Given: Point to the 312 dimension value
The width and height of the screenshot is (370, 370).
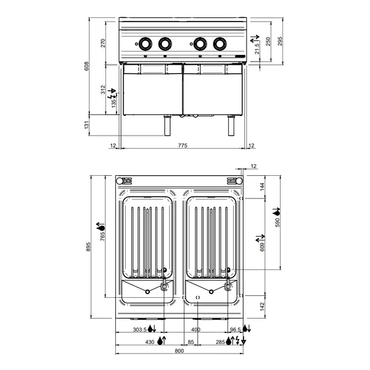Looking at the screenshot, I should (104, 89).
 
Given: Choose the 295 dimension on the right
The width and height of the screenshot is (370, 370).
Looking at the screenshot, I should (280, 41).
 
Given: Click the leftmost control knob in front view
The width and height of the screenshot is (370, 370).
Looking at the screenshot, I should (146, 44).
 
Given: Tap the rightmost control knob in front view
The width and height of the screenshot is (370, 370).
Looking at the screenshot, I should (219, 44).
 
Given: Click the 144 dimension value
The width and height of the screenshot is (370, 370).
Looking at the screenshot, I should (261, 186).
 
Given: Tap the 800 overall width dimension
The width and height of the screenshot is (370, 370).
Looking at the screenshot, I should (179, 351).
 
